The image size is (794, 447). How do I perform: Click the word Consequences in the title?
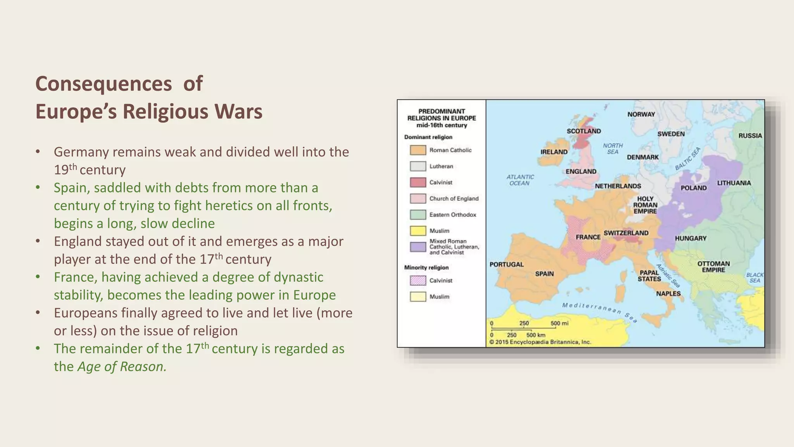[104, 84]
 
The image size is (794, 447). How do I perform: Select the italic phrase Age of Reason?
[122, 367]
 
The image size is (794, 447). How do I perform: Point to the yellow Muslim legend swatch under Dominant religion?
[418, 231]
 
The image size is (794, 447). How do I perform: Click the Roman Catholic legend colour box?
[418, 150]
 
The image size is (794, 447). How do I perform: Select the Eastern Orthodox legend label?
[452, 215]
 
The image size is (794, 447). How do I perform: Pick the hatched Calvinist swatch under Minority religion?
[418, 281]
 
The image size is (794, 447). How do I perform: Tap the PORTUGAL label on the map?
[506, 265]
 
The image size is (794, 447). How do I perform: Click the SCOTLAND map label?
[583, 131]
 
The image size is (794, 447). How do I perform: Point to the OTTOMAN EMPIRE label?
[713, 267]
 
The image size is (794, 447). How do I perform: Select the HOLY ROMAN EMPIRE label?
[645, 205]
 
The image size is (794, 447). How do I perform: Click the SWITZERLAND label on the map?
[626, 233]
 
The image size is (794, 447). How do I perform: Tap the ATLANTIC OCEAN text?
[520, 180]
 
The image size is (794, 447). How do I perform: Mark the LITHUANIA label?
[734, 183]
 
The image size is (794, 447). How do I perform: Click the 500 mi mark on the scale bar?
[559, 324]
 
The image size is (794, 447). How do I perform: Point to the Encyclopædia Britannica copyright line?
[540, 342]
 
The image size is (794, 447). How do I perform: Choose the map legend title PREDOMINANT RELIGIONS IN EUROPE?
[441, 118]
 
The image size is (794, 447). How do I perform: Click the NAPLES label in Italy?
[668, 294]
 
